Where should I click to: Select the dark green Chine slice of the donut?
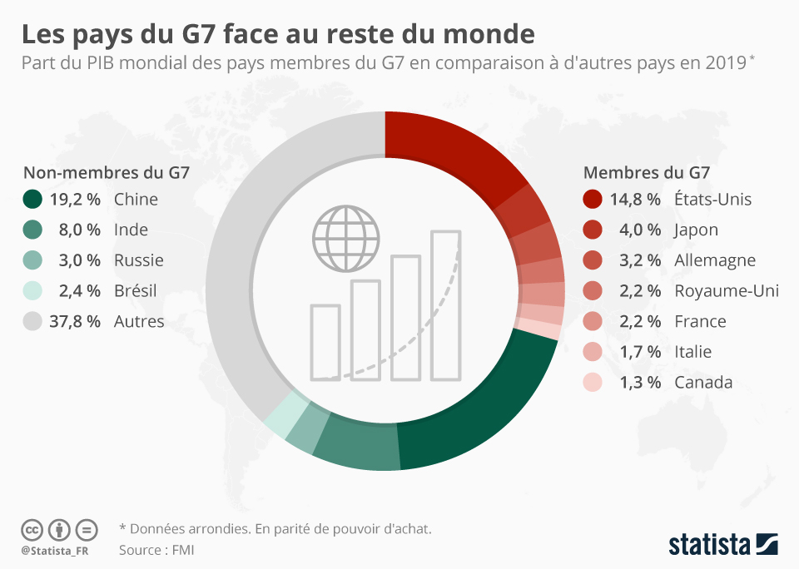point(483,408)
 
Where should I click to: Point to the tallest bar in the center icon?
point(445,304)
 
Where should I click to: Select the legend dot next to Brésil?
point(32,291)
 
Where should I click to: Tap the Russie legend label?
point(138,260)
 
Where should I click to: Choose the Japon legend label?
point(696,230)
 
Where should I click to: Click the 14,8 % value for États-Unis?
point(636,199)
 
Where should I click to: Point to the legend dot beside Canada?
point(593,383)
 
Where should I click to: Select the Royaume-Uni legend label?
point(726,290)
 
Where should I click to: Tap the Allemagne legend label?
point(714,260)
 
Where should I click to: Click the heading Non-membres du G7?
point(106,173)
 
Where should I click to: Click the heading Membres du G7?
point(646,173)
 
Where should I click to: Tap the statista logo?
point(722,545)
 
